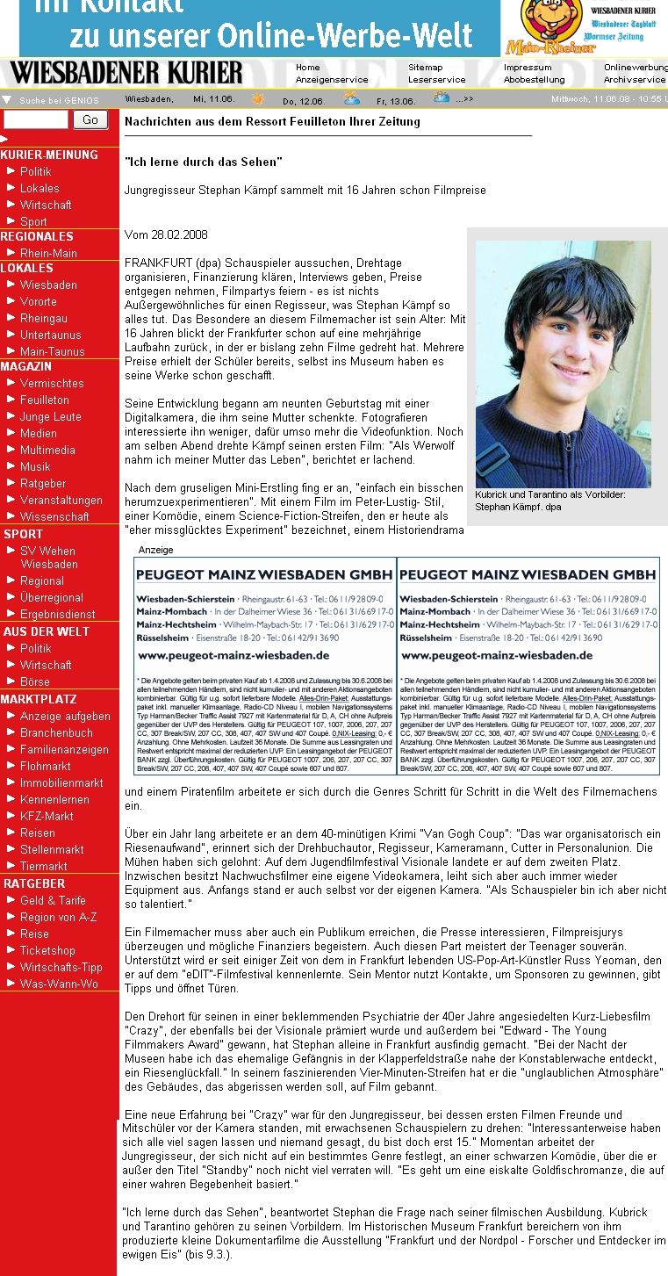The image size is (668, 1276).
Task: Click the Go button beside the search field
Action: coord(90,120)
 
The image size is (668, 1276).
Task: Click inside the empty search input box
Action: coord(35,120)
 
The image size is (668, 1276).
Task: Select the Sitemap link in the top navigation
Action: coord(425,68)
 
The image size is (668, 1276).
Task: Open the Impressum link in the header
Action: coord(528,68)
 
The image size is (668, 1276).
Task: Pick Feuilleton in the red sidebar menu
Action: coord(44,400)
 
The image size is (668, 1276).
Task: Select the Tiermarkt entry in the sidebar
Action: coord(43,866)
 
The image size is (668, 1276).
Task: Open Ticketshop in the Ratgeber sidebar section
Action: coord(47,950)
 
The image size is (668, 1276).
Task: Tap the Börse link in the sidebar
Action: coord(35,681)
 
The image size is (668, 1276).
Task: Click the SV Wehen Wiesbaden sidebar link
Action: coord(48,558)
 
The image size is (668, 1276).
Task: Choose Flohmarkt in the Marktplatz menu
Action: coord(46,766)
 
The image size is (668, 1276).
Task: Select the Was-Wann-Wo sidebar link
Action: coord(59,984)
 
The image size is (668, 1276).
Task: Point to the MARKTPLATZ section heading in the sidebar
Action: coord(39,699)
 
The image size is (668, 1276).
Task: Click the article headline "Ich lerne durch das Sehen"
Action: coord(203,162)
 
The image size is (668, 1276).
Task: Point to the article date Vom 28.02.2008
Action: coord(166,235)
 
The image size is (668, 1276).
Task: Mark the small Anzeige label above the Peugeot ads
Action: coord(155,550)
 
